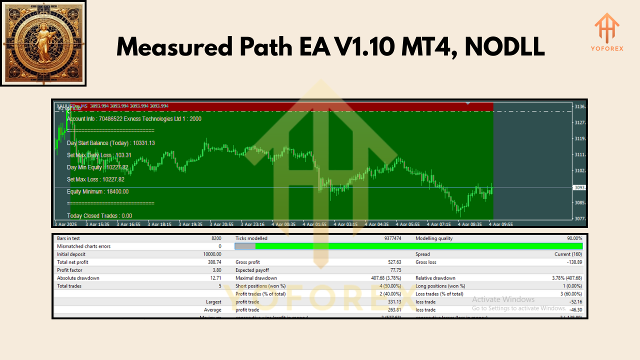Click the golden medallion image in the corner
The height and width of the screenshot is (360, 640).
pyautogui.click(x=42, y=43)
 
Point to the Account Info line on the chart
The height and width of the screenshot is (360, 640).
pyautogui.click(x=134, y=119)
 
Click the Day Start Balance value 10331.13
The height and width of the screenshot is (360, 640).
pyautogui.click(x=143, y=143)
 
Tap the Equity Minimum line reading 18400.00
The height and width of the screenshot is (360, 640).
pyautogui.click(x=97, y=191)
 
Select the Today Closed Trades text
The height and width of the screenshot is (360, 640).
pyautogui.click(x=99, y=216)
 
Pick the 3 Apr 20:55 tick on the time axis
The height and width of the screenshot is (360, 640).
pyautogui.click(x=222, y=224)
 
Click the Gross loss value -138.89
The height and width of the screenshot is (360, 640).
pyautogui.click(x=572, y=262)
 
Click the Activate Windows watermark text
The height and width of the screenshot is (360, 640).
pyautogui.click(x=503, y=299)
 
